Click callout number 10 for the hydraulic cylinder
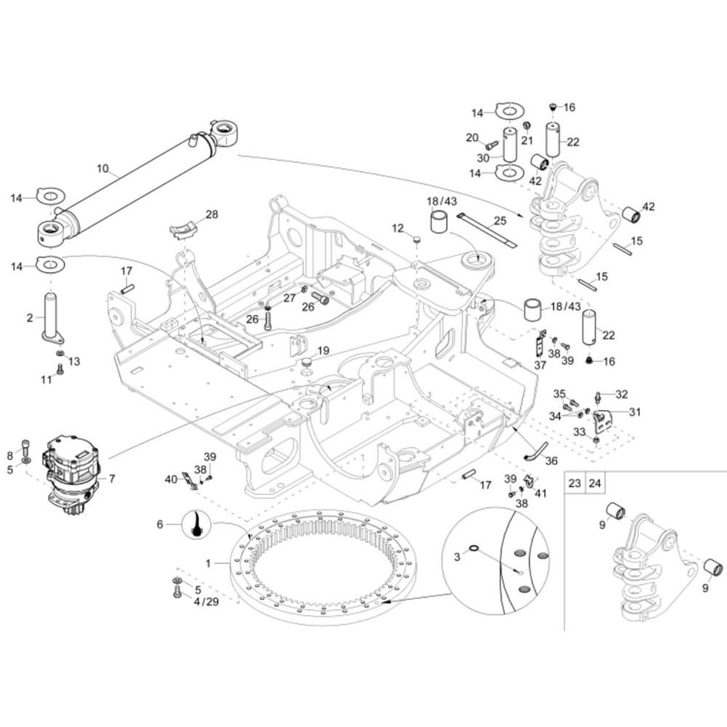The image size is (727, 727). point(103,169)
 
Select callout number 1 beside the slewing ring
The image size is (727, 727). point(209,563)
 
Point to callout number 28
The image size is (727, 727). point(212,214)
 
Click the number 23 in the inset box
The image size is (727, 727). point(574,482)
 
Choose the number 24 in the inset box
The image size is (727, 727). point(595,482)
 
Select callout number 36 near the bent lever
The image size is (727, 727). point(551,460)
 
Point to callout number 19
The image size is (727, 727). point(324,350)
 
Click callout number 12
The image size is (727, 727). point(398,228)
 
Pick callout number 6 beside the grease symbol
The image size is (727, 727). point(160,523)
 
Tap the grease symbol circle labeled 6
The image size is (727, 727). point(196,523)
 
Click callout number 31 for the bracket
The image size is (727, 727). point(635,412)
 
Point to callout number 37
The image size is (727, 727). point(539,366)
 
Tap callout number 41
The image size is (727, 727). point(541,493)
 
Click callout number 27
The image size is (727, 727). point(289,297)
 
